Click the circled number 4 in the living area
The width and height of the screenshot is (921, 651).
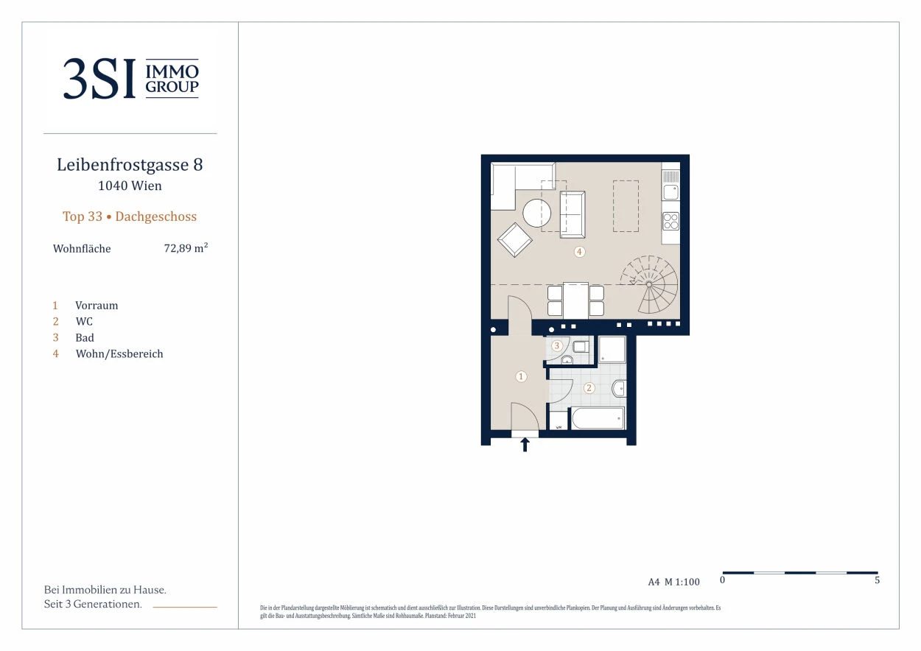(579, 252)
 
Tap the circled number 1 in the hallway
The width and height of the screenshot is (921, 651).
(521, 376)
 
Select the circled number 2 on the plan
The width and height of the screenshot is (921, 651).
(589, 388)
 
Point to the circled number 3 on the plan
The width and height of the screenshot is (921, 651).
(557, 345)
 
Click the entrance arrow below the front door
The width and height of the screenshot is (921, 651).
(525, 444)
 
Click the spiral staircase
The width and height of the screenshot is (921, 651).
(650, 284)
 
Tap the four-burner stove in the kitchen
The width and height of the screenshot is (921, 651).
(670, 221)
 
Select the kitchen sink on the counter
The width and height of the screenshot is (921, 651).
(670, 191)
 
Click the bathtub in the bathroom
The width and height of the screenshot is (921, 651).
(598, 418)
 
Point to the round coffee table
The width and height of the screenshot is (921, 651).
(536, 213)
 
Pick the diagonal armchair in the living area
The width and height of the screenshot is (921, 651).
(515, 239)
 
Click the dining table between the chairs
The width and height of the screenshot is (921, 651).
(575, 300)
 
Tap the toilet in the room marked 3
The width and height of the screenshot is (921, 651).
(581, 346)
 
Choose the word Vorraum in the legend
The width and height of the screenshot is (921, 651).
(97, 306)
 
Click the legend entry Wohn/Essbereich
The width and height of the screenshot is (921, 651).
(119, 354)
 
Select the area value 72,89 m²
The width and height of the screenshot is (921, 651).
(186, 248)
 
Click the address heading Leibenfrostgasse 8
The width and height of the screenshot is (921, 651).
(130, 165)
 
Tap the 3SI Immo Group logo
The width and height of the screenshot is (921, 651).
(130, 79)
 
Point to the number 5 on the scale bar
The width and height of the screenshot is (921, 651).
(877, 580)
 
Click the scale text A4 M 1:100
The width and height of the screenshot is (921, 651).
(673, 582)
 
